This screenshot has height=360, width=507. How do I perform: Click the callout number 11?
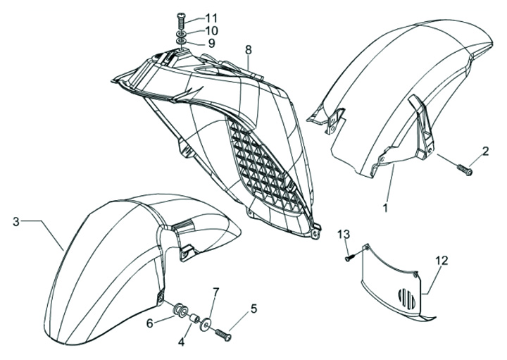pos(212,17)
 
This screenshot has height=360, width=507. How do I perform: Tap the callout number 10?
pos(212,31)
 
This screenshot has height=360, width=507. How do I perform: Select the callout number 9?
pos(209,44)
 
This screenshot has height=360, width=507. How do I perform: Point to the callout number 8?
pos(248,50)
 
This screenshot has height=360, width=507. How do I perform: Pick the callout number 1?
pos(385,209)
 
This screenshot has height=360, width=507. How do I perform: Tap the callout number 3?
pos(16,223)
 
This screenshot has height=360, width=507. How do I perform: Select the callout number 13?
pos(343,234)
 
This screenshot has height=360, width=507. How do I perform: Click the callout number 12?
pos(441,261)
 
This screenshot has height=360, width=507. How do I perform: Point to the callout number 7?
pos(217,292)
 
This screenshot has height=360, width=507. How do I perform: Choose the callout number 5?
pos(254,308)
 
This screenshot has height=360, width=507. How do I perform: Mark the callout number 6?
pos(149,323)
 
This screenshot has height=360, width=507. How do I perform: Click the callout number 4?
pos(181,343)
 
